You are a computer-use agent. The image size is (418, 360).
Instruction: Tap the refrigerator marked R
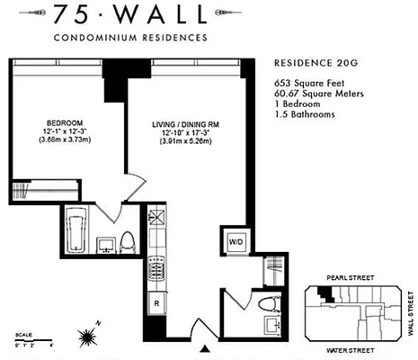pos(156,302)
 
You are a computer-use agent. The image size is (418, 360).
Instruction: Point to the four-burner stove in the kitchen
pos(156,268)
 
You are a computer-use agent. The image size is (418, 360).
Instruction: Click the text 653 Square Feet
pos(308,82)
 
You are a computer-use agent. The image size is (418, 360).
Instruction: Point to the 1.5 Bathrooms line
pos(306,114)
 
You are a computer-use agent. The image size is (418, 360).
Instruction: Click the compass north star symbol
pos(88,337)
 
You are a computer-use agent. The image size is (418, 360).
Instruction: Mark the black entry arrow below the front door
pos(207,347)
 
